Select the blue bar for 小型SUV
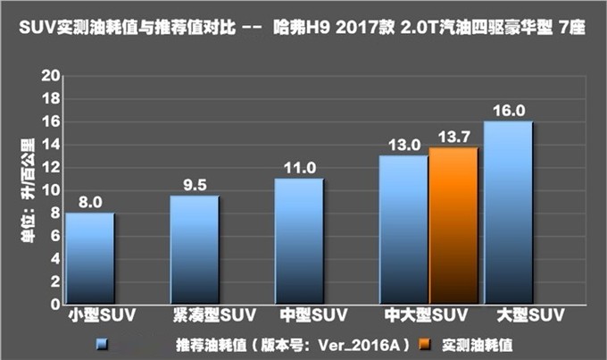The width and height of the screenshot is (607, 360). coord(89,259)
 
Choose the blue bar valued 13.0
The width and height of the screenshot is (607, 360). coord(403,230)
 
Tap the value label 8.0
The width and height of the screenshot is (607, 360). coord(89,202)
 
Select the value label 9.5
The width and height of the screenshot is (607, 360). coord(194,185)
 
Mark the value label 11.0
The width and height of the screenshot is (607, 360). coord(299,168)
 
